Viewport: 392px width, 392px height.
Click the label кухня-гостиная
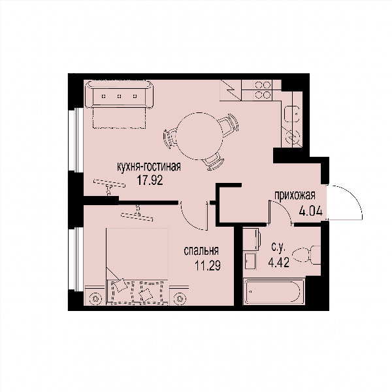pyautogui.click(x=149, y=167)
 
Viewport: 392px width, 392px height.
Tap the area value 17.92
pyautogui.click(x=150, y=180)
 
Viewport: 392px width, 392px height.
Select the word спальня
pyautogui.click(x=201, y=251)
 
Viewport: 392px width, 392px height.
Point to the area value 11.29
pyautogui.click(x=208, y=265)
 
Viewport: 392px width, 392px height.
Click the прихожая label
pyautogui.click(x=295, y=195)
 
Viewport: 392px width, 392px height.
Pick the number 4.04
pyautogui.click(x=311, y=212)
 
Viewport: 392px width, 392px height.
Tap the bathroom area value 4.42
pyautogui.click(x=279, y=263)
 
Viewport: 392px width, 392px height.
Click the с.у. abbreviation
pyautogui.click(x=278, y=248)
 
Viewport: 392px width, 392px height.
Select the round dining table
pyautogui.click(x=199, y=136)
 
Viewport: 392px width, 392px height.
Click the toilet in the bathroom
pyautogui.click(x=306, y=255)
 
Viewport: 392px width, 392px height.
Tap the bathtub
pyautogui.click(x=274, y=292)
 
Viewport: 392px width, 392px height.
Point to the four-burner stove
pyautogui.click(x=262, y=90)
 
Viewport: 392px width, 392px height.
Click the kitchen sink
pyautogui.click(x=292, y=114)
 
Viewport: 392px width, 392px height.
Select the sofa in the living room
pyautogui.click(x=120, y=94)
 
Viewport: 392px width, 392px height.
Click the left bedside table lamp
pyautogui.click(x=95, y=299)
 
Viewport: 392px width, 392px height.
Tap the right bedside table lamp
pyautogui.click(x=180, y=299)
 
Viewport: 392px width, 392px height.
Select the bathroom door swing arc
pyautogui.click(x=284, y=208)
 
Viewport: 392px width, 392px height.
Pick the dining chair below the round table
pyautogui.click(x=214, y=161)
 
